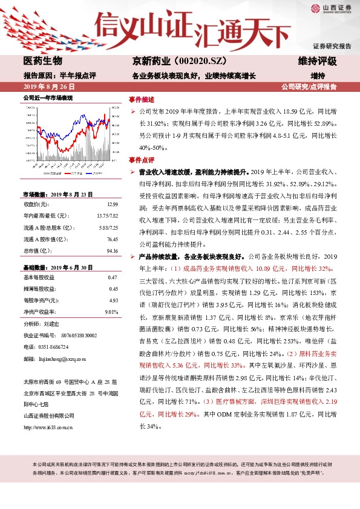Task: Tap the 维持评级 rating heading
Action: tap(318, 61)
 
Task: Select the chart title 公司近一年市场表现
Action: tap(48, 97)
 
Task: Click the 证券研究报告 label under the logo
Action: tap(332, 46)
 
